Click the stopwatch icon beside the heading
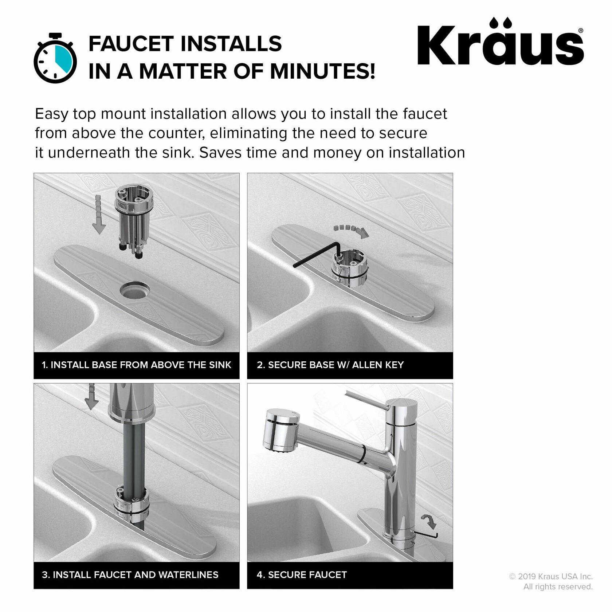[x=55, y=59]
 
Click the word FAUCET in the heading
[x=132, y=44]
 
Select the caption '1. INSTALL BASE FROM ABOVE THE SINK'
[x=136, y=365]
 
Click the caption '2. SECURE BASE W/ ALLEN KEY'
[x=330, y=365]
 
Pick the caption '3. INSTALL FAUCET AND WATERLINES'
[x=130, y=575]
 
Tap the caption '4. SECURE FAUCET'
[x=302, y=575]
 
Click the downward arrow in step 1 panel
[x=98, y=215]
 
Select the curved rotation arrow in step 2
[x=351, y=231]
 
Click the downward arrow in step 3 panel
[x=91, y=397]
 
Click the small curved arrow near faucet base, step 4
[x=429, y=521]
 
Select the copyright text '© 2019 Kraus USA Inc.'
[x=550, y=577]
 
